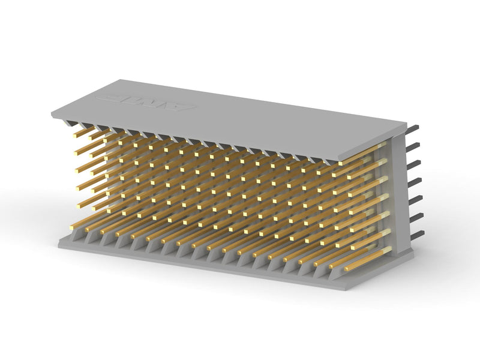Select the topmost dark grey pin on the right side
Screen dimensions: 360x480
(x=413, y=129)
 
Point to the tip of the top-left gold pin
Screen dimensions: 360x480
(x=77, y=136)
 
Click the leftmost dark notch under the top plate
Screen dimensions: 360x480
(x=67, y=122)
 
